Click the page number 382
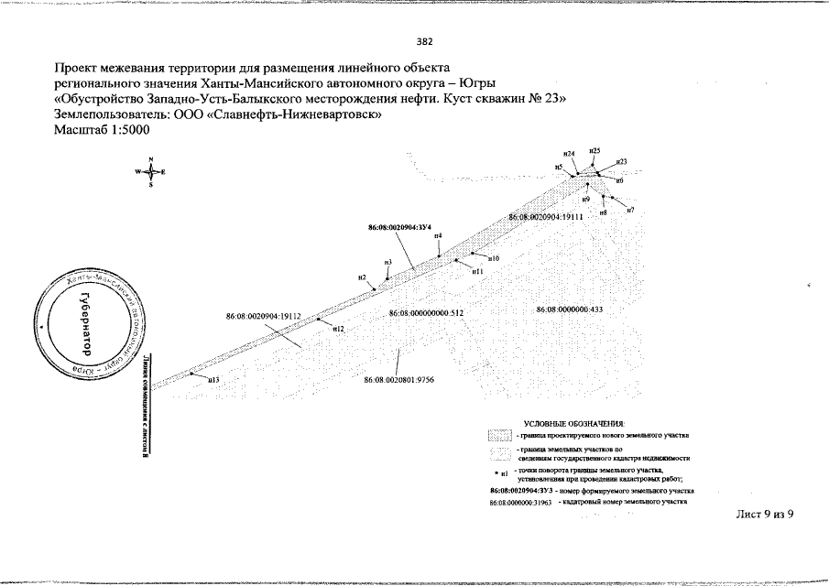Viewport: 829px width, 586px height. point(423,40)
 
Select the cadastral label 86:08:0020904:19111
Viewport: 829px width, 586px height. point(546,217)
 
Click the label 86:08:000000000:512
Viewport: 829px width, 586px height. point(427,313)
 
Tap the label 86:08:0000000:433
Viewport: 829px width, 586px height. point(569,309)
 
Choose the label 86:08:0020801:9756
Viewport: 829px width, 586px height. point(398,379)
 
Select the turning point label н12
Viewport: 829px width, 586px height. point(337,328)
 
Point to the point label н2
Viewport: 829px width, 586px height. point(363,277)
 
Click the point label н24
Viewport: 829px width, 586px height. point(569,154)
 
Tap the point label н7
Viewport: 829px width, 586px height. point(630,212)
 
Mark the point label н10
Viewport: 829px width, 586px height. point(493,259)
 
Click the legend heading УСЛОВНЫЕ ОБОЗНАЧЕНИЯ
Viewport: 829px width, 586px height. point(573,424)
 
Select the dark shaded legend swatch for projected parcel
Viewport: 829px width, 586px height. point(500,436)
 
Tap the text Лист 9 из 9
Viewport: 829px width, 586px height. point(764,514)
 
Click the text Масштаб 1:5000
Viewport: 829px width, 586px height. point(101,130)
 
